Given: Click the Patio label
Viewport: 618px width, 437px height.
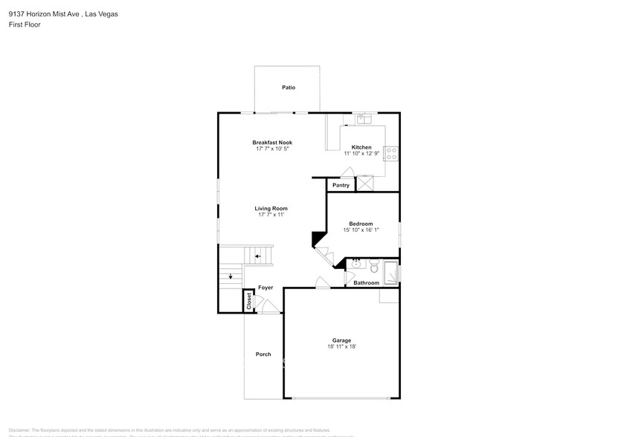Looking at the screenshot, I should click(289, 88).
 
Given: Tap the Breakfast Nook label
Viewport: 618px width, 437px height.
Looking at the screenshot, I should click(272, 142).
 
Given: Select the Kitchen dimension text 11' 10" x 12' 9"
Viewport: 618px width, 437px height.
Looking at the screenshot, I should click(361, 154).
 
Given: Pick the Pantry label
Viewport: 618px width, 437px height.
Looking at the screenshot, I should click(341, 185).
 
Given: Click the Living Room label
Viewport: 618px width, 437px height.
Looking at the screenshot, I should click(272, 209).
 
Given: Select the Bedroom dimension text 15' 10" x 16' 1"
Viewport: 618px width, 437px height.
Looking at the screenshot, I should click(361, 230).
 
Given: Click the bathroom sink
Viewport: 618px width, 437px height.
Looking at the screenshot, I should click(355, 263).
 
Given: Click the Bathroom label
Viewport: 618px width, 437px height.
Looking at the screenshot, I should click(366, 283).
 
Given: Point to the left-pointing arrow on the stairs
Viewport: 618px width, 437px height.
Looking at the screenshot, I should click(258, 256).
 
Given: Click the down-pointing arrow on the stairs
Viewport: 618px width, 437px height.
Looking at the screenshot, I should click(231, 277).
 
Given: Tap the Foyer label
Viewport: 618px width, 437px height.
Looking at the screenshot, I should click(265, 288).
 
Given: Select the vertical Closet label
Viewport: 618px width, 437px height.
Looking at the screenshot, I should click(249, 301).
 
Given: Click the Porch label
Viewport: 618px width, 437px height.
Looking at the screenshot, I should click(263, 354).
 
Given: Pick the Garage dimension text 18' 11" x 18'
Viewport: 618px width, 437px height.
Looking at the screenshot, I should click(342, 346).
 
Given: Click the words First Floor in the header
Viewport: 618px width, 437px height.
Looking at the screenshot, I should click(25, 25).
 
